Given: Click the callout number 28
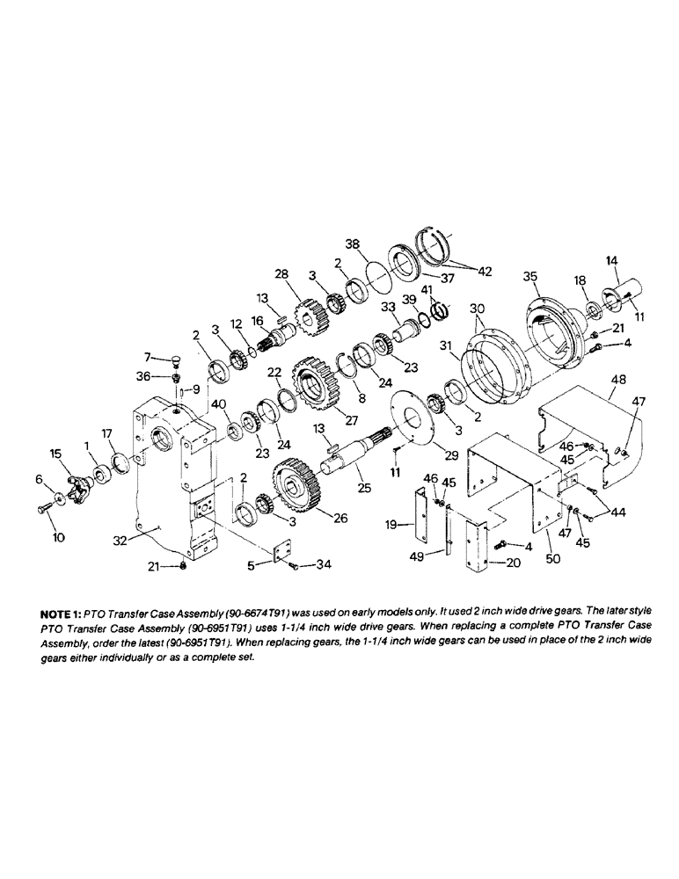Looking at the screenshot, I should [281, 275].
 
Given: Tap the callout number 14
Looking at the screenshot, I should [613, 260].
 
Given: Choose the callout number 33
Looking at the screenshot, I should [388, 308].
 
